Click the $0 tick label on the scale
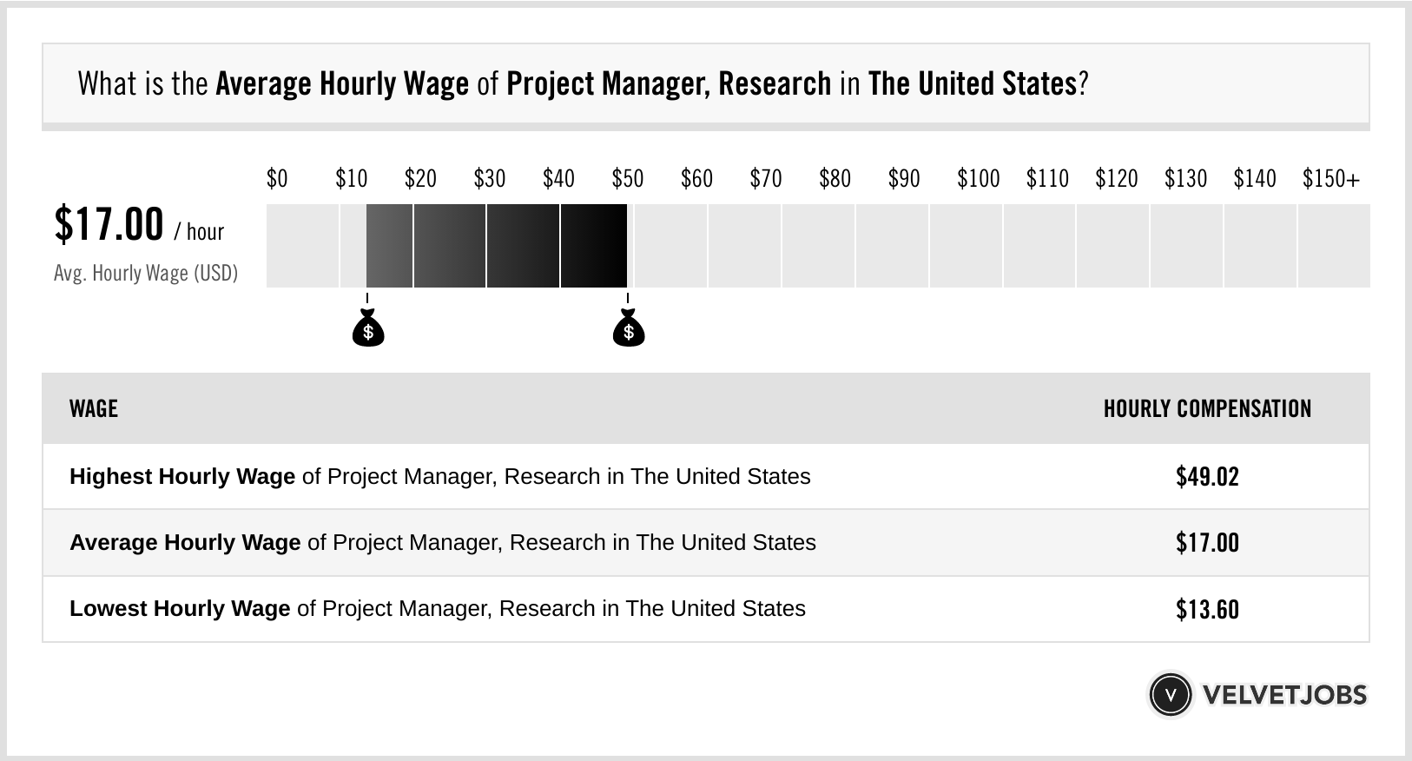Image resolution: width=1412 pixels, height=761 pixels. [x=276, y=179]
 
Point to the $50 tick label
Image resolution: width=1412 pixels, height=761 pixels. [x=627, y=179]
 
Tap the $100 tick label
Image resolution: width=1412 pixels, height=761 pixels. [x=978, y=179]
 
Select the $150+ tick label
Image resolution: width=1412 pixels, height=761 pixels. [x=1330, y=179]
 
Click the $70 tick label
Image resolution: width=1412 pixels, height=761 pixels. [x=765, y=179]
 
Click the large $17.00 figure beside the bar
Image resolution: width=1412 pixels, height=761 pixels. [x=109, y=224]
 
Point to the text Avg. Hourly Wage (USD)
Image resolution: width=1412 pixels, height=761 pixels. [x=145, y=273]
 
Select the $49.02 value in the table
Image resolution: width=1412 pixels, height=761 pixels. [x=1207, y=476]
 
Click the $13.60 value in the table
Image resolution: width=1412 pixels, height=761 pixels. [x=1207, y=609]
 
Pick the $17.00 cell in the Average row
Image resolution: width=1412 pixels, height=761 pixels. [x=1207, y=543]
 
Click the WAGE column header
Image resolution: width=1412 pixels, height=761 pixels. [x=93, y=408]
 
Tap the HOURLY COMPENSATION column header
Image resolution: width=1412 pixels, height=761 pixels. [x=1207, y=408]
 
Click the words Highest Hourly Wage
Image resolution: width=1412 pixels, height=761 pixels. [x=182, y=476]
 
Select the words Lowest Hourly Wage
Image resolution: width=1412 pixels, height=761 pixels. [x=180, y=608]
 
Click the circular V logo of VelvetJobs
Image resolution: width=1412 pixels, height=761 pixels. [x=1170, y=694]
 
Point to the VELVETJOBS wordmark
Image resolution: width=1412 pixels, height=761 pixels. [x=1284, y=694]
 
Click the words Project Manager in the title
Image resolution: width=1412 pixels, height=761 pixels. [x=607, y=84]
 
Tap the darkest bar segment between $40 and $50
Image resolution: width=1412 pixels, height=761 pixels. [x=593, y=246]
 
